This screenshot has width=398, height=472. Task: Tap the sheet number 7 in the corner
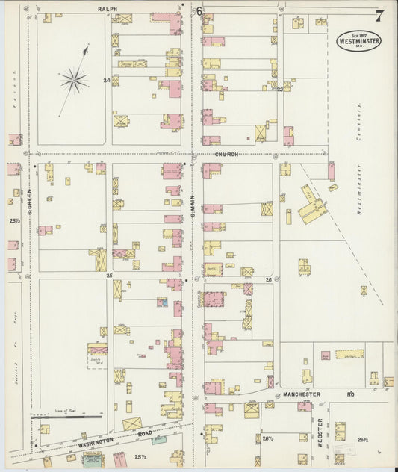point(380,16)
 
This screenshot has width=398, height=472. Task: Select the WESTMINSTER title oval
point(358,40)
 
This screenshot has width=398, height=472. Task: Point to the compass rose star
point(74,76)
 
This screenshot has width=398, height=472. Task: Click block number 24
point(107,79)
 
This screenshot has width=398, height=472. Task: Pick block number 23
point(280,89)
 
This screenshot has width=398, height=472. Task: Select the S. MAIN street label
point(192,181)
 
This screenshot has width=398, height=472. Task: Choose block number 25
point(108,276)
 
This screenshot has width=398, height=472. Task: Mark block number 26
point(267,280)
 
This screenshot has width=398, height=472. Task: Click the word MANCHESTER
point(302,394)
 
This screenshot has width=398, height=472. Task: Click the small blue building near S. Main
point(161,302)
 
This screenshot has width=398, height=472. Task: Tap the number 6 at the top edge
point(199,10)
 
